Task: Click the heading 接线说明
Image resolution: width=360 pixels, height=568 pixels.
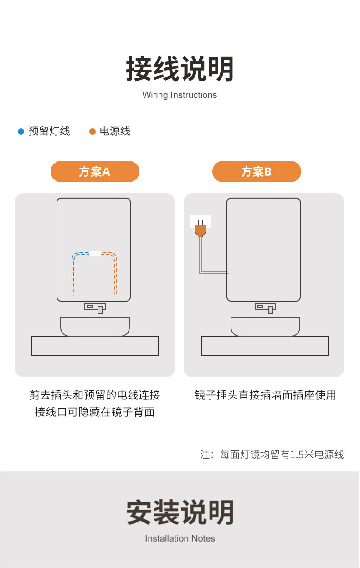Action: (x=180, y=69)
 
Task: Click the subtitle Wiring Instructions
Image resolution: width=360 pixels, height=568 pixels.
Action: (x=180, y=95)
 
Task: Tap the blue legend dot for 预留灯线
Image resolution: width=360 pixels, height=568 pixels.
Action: (x=21, y=132)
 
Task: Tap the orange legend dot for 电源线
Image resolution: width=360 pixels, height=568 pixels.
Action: (x=93, y=132)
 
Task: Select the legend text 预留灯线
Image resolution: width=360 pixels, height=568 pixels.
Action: (x=49, y=132)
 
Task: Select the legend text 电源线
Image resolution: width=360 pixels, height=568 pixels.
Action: (x=115, y=132)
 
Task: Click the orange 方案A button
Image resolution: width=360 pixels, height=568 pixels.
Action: (x=95, y=172)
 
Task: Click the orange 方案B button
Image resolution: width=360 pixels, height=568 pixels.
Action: (x=257, y=172)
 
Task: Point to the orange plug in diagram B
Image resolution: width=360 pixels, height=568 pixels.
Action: (x=200, y=229)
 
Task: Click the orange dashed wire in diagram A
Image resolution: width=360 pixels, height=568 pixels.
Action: (x=115, y=273)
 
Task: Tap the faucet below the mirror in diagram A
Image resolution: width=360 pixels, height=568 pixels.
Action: (x=95, y=308)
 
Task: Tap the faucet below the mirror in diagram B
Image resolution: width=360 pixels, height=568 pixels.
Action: (x=266, y=308)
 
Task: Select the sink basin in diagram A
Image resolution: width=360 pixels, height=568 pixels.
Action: (x=95, y=326)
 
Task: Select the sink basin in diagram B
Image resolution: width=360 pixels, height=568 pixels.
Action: (x=265, y=326)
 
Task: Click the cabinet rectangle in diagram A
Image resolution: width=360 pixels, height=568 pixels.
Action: (x=95, y=346)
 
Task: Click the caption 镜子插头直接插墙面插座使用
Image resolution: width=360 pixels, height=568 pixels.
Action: (x=265, y=395)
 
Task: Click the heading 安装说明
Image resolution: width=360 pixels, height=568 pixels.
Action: (x=180, y=512)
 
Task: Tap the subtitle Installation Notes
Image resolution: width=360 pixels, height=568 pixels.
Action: (x=180, y=538)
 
